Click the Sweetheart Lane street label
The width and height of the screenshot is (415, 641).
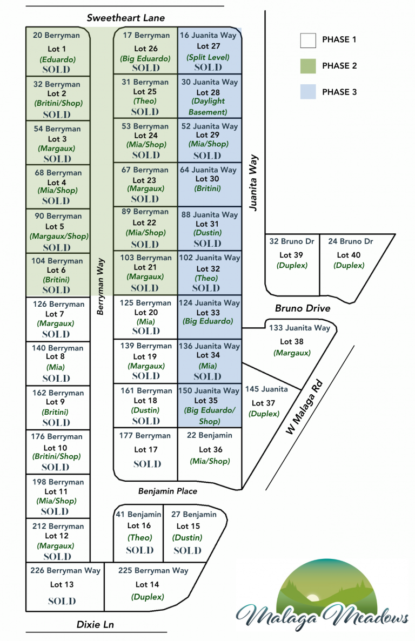pos(126,18)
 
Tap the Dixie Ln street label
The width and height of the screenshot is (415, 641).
pos(95,625)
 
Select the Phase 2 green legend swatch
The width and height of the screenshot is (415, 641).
pos(308,66)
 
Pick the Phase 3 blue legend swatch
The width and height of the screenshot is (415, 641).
pos(308,92)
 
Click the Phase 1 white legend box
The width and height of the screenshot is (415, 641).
pos(308,40)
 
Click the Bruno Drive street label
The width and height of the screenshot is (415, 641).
pos(303,308)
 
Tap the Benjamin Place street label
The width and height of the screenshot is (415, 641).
pos(168,491)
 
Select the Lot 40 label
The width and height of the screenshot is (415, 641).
pos(349,255)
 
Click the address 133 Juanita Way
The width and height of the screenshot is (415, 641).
pos(299,328)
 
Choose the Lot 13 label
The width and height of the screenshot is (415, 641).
pos(62,584)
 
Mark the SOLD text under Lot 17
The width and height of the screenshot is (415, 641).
pos(147,464)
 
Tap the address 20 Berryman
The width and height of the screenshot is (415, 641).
pos(56,36)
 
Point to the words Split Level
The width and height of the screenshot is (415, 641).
pos(208,57)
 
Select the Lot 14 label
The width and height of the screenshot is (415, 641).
pos(147,584)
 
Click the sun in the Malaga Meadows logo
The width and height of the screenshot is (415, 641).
pos(312,598)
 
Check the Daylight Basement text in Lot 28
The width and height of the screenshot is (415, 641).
pos(208,106)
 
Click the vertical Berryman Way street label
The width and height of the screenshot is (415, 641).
pos(101,286)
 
